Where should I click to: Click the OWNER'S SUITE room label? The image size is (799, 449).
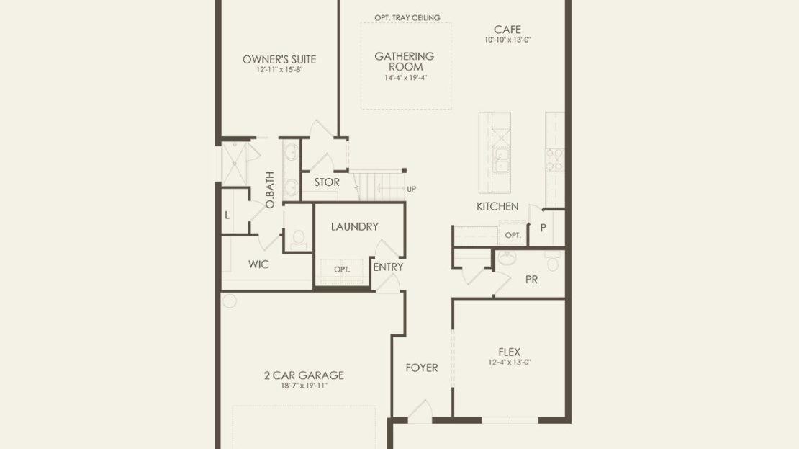point(279,59)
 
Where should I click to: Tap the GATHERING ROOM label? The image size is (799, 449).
point(405,61)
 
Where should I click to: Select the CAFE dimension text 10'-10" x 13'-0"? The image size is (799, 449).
point(507,40)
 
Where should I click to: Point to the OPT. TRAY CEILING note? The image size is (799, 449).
point(407,17)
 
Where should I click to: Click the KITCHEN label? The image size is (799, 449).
point(497,206)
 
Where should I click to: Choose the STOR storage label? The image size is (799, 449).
point(327,182)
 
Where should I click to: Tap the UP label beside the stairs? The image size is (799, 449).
point(411,189)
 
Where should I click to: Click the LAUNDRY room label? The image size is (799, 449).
point(355,226)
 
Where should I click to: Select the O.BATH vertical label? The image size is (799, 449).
point(269,190)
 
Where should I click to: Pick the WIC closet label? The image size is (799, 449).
point(258,264)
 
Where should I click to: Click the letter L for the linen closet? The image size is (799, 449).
point(227,215)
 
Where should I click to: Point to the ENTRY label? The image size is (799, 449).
point(388,267)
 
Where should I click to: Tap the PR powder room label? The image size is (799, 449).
point(531,280)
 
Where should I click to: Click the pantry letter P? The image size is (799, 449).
point(543,228)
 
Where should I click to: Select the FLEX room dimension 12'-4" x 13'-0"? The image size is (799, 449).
point(510,363)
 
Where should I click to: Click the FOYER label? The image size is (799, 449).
point(421,368)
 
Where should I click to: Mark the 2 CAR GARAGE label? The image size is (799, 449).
point(304,375)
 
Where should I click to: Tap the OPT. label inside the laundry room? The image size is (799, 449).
point(342,270)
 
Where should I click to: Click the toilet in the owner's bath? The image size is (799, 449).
point(297,239)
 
